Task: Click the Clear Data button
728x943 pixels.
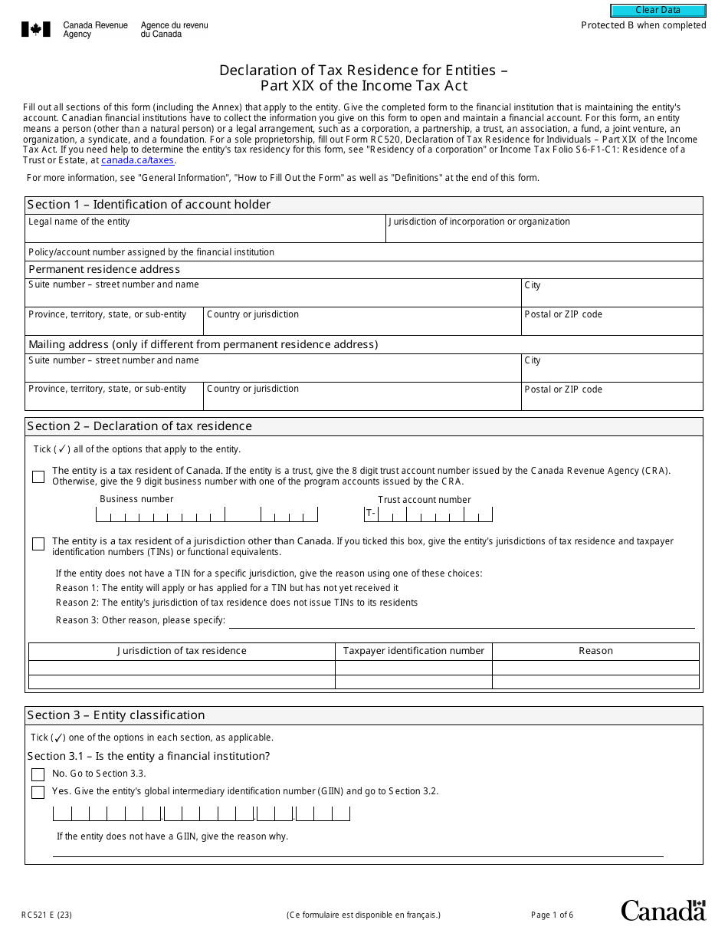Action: tap(657, 11)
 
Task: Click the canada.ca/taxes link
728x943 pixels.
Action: tap(138, 160)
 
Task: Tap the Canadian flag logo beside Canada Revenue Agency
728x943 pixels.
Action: tap(36, 30)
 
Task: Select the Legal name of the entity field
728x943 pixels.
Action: tap(205, 233)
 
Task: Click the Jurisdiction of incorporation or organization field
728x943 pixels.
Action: tap(543, 233)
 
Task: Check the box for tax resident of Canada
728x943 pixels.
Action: tap(38, 477)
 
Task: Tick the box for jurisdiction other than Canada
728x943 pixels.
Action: tap(38, 544)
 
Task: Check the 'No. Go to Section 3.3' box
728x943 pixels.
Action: tap(38, 774)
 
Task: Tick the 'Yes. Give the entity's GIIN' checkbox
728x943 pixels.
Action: tap(38, 792)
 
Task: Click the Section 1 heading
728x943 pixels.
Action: tap(149, 205)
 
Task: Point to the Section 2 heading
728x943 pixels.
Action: tap(139, 426)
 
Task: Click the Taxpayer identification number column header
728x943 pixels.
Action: tap(413, 651)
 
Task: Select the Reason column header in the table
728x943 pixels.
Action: tap(595, 651)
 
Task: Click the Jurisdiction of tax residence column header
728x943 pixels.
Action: tap(182, 651)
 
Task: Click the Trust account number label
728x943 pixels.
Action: tap(424, 500)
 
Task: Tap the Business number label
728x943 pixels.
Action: tap(136, 499)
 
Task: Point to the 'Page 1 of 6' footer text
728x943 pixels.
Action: tap(552, 915)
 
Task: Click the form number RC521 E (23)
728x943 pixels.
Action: tap(47, 915)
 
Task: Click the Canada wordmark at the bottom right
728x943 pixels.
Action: tap(662, 911)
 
